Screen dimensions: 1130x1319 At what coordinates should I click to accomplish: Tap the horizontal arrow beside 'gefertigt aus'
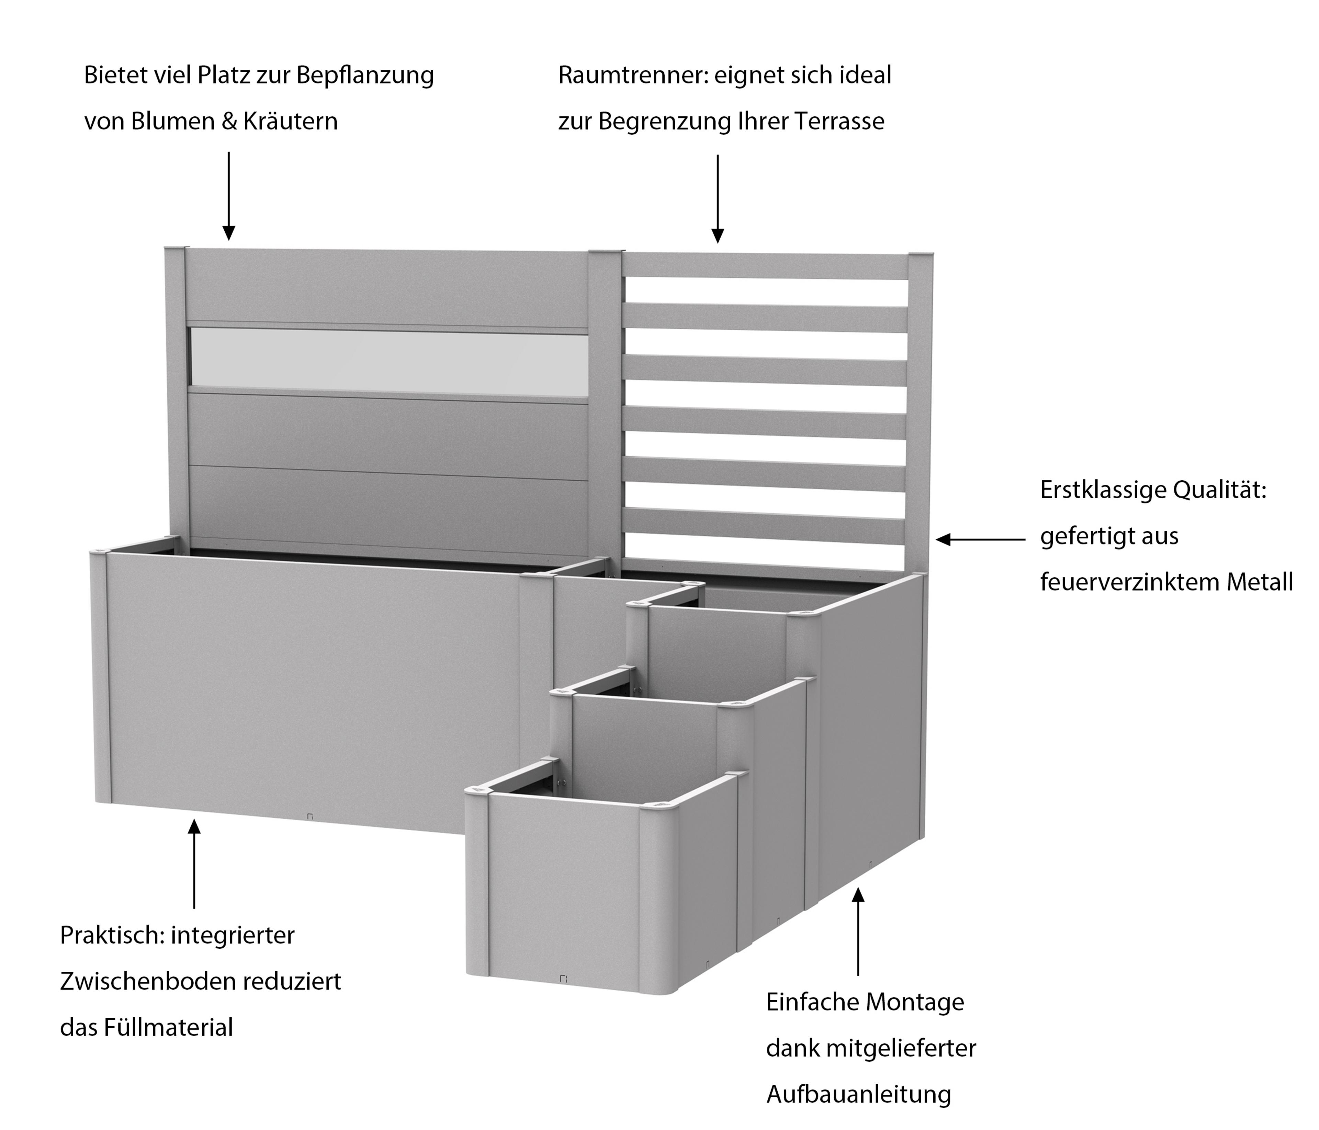[980, 539]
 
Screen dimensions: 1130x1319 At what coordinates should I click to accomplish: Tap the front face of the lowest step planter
[563, 891]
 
